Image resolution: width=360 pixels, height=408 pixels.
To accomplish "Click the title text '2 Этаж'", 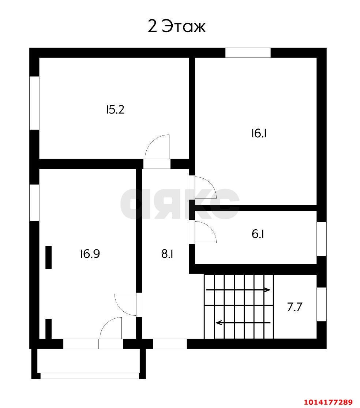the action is [176, 26].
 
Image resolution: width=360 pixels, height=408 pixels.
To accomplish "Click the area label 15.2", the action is [115, 110].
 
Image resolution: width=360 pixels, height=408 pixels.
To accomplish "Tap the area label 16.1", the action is [259, 133].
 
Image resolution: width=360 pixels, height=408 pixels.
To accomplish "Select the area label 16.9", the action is [90, 254].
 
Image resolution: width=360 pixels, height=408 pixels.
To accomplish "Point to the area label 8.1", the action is [167, 254].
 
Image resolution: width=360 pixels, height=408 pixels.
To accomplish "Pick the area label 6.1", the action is [258, 234].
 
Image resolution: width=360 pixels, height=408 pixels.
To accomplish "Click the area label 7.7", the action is [295, 307].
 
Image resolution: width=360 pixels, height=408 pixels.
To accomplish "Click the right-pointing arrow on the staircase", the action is [238, 290].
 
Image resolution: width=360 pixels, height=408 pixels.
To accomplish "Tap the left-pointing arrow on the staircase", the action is [243, 323].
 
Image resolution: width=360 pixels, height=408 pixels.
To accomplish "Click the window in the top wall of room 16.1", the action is [248, 53].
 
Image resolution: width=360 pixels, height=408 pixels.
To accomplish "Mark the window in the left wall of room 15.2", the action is [34, 103].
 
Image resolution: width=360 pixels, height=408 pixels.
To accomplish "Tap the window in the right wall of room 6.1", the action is [322, 239].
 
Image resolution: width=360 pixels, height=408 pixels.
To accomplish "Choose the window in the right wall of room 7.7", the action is [322, 304].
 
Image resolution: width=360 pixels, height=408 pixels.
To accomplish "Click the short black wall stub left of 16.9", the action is [48, 257].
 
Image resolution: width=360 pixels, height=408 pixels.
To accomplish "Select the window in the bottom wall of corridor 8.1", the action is [170, 344].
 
